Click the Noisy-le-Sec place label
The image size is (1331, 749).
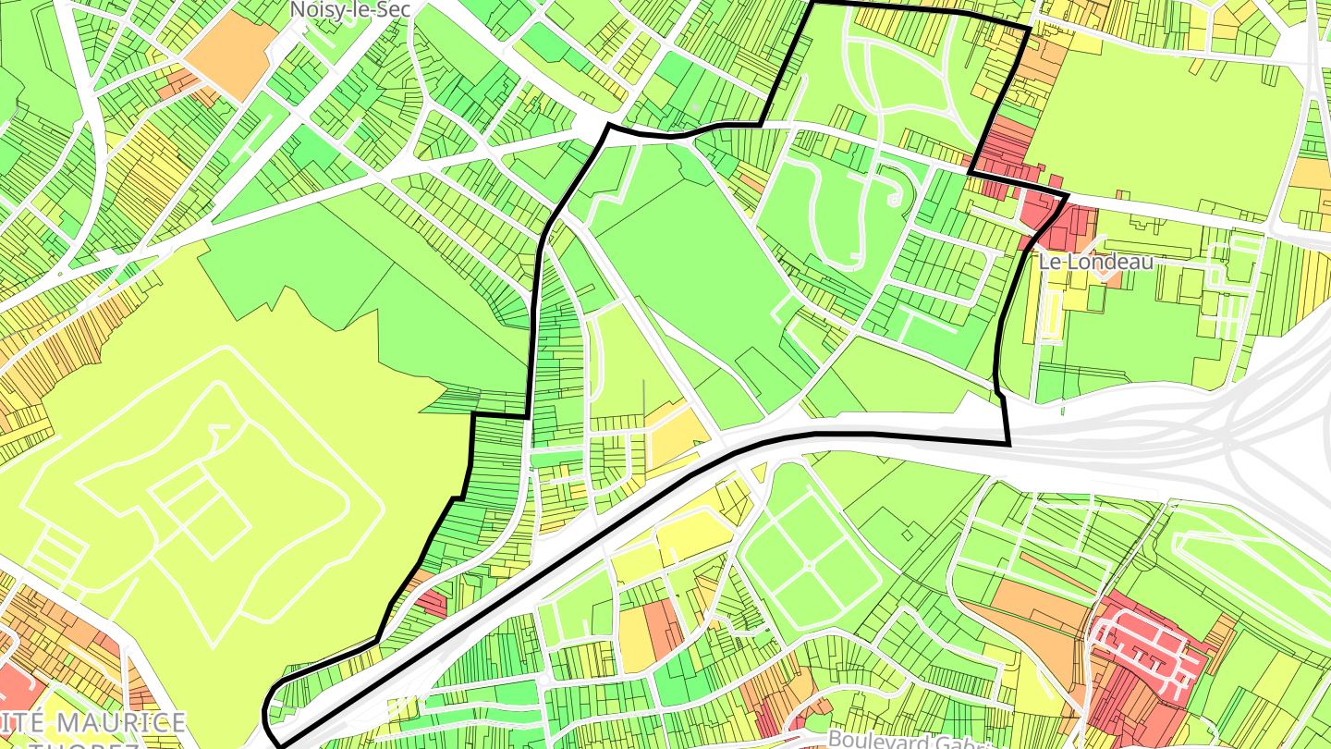point(349,9)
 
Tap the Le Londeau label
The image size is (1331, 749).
point(1095,262)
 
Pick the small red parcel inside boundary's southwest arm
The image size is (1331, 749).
point(432,602)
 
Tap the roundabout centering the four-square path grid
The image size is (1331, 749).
point(808,565)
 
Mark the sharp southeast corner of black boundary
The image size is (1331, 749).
point(1008,445)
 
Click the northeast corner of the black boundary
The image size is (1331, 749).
point(1029,29)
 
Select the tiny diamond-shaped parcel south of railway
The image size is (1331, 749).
point(759,473)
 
